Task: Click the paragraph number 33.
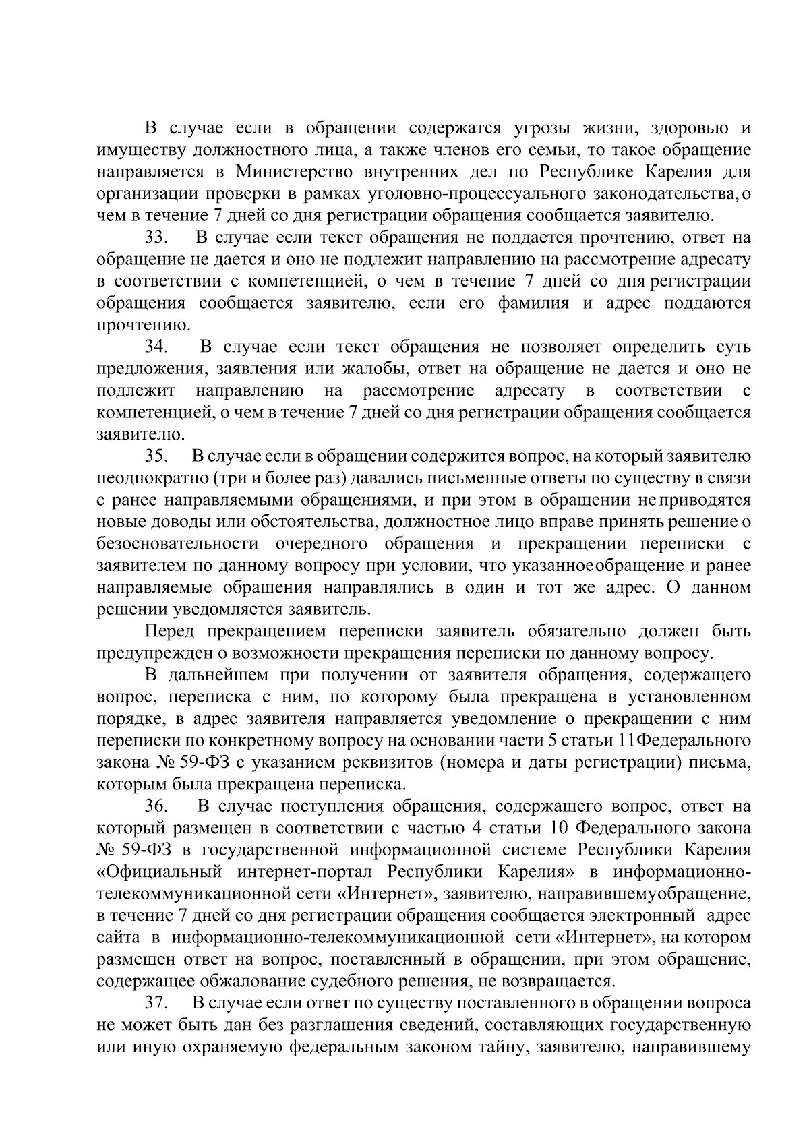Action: coord(156,238)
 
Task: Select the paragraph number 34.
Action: coord(156,347)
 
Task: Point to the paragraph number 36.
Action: coord(156,806)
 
